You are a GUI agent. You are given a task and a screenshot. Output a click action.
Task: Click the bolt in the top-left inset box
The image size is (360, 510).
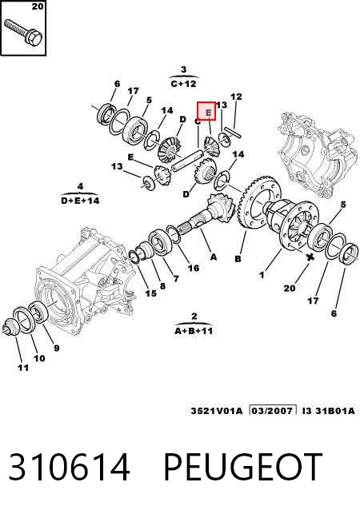click(23, 32)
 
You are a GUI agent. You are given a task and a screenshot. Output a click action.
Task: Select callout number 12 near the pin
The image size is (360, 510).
click(236, 97)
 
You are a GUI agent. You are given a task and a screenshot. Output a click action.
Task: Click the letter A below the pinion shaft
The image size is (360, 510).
click(214, 257)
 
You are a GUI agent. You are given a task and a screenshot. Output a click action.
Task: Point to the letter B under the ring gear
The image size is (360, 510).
click(238, 258)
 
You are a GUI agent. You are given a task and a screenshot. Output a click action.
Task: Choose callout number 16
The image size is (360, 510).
click(194, 268)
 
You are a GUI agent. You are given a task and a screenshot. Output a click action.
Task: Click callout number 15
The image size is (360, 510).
click(150, 293)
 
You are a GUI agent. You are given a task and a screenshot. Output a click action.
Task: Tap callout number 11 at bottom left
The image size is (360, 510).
click(22, 368)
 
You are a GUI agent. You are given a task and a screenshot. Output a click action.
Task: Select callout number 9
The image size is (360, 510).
click(56, 349)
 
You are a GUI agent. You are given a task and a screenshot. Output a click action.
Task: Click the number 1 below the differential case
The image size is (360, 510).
click(262, 275)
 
